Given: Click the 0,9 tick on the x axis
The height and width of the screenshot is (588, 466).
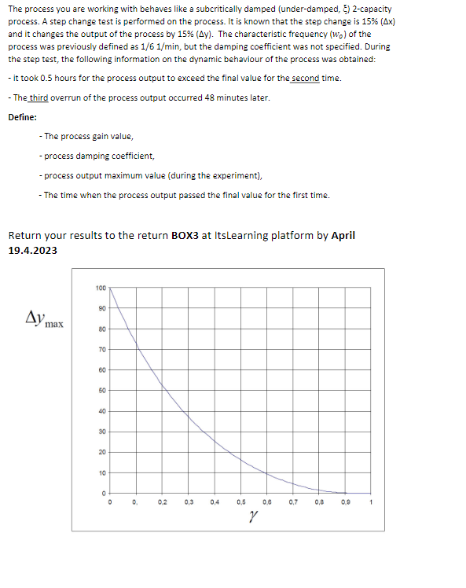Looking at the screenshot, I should click(x=346, y=501).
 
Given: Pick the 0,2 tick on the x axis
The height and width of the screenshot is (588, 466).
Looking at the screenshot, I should click(x=162, y=501).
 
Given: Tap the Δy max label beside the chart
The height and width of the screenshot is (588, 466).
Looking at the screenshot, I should click(x=45, y=319).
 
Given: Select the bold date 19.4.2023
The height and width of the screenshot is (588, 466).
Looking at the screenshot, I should click(x=32, y=250).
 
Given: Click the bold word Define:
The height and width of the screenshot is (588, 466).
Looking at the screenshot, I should click(x=23, y=118).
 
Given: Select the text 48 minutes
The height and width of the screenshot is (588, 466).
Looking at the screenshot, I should click(x=233, y=97).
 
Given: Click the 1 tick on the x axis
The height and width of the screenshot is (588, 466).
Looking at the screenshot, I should click(x=370, y=501).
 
